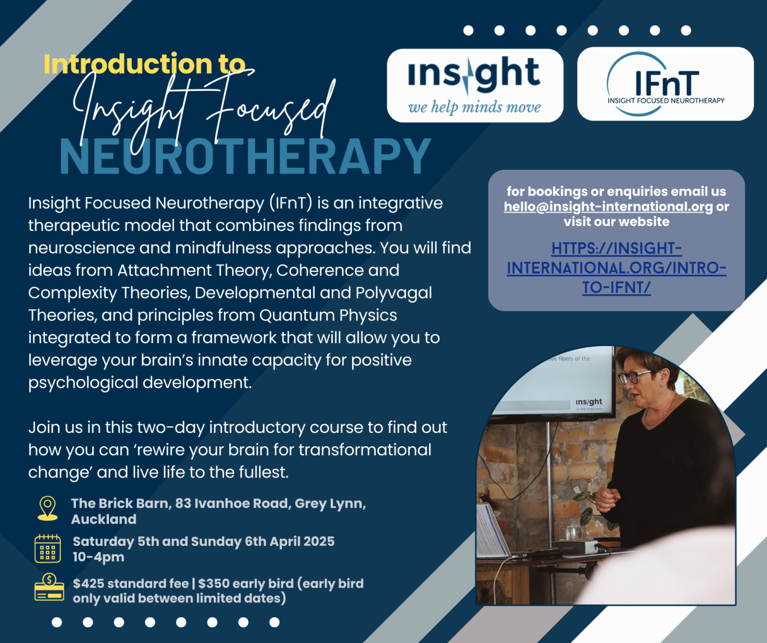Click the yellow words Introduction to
[x=144, y=64]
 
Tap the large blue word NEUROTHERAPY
[x=245, y=156]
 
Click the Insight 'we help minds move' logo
[x=475, y=85]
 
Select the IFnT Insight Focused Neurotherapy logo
[x=665, y=84]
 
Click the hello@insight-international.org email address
[x=608, y=207]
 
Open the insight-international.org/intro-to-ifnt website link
[x=616, y=268]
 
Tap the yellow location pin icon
[x=48, y=509]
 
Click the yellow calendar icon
[x=48, y=548]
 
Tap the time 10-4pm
[x=99, y=557]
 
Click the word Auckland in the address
[x=103, y=519]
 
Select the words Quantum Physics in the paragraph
[x=328, y=315]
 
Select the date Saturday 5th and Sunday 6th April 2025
[x=204, y=541]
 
